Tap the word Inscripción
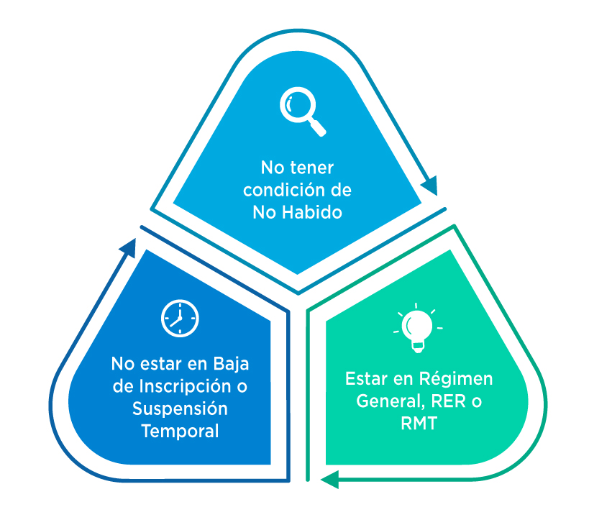(182, 385)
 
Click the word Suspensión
(180, 408)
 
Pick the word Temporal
(180, 431)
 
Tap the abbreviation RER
(452, 401)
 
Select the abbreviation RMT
(418, 423)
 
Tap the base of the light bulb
(418, 347)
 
